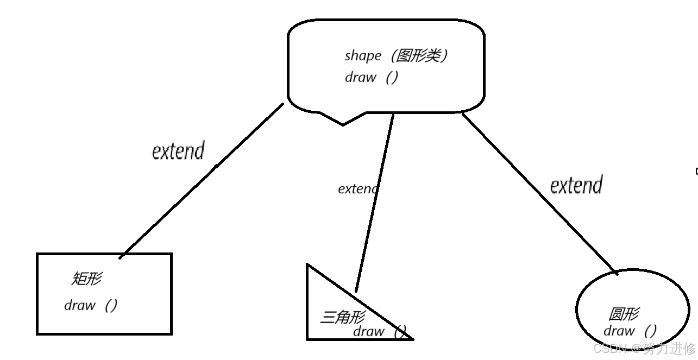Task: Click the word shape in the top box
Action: point(363,56)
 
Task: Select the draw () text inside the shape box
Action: point(372,77)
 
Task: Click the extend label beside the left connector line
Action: point(178,150)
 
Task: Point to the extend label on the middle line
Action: point(357,189)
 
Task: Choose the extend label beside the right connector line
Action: point(576,185)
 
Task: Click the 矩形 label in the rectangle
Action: point(86,279)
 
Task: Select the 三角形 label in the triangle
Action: point(342,317)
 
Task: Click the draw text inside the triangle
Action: point(369,331)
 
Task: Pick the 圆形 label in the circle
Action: point(624,314)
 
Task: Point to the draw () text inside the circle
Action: point(630,330)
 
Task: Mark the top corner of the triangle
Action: point(308,265)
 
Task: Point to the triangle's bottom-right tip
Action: point(412,339)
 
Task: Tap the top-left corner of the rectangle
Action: point(37,254)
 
